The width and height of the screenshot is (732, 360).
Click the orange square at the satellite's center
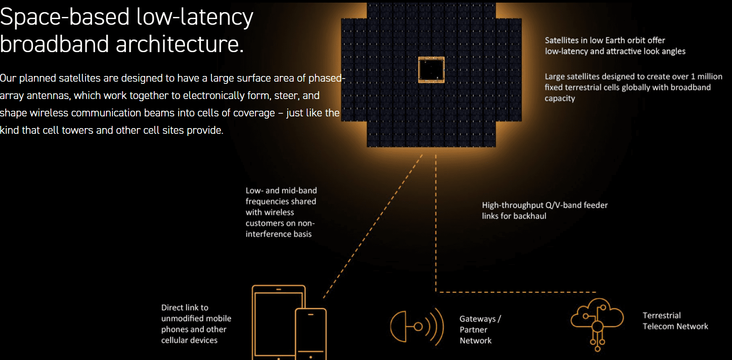tap(431, 69)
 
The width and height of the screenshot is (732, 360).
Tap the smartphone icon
tap(311, 334)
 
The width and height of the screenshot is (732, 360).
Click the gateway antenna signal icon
tap(417, 327)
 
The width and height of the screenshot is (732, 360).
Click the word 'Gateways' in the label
tap(477, 319)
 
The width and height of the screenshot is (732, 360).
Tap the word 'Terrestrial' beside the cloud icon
tap(662, 315)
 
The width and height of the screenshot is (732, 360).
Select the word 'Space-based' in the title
tap(65, 17)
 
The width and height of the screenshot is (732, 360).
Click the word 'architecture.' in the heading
tap(179, 44)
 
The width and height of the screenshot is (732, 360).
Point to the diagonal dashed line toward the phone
tap(374, 226)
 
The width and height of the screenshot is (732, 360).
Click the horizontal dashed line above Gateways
tap(517, 292)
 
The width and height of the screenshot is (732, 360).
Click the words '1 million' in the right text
tap(706, 76)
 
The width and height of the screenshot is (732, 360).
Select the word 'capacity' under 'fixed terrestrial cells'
tap(560, 99)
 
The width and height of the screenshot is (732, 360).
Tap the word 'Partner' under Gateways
tap(473, 330)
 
